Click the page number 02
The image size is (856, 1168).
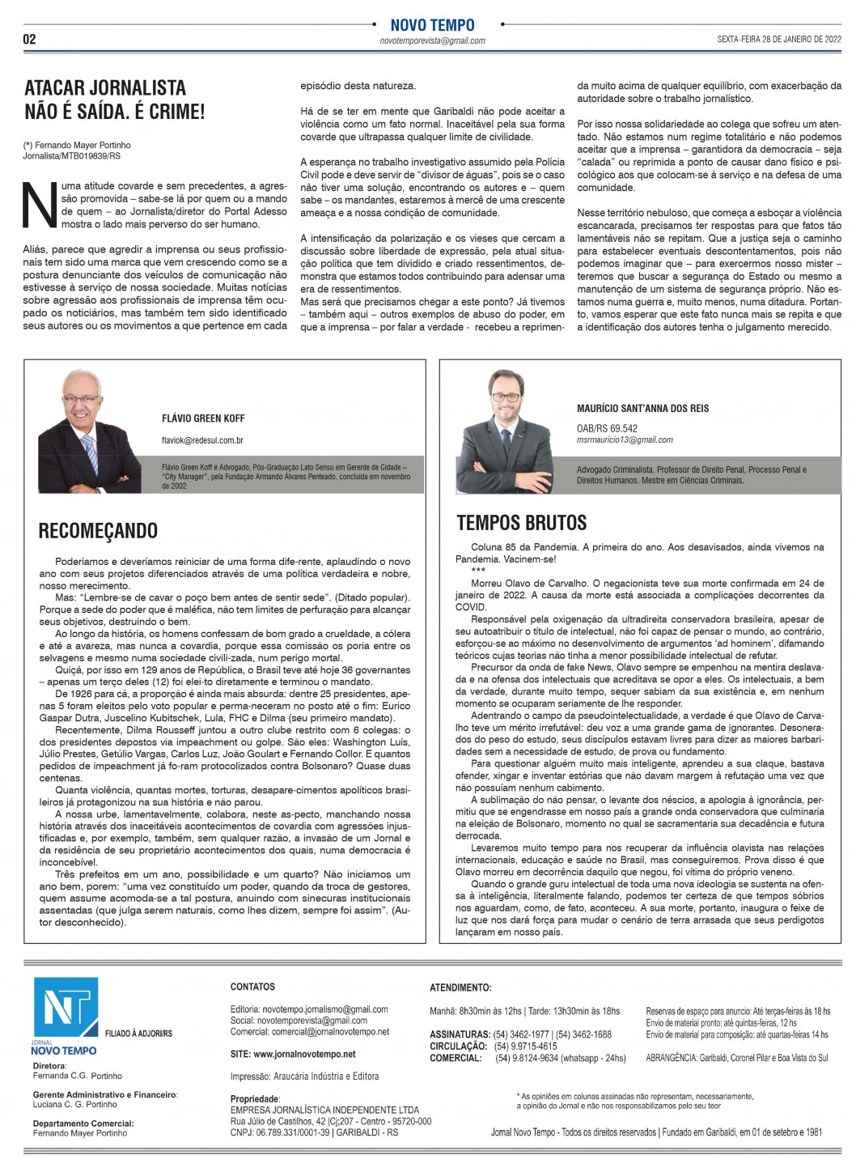(29, 39)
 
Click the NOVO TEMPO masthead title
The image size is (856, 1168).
(432, 25)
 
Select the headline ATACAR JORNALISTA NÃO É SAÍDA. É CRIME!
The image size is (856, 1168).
(115, 100)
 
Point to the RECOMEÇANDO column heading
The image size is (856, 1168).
(98, 531)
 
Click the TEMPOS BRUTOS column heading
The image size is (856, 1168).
(522, 522)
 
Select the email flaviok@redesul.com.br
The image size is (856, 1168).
(202, 440)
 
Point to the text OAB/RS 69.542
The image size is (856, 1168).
(607, 428)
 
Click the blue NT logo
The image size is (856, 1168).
(66, 1009)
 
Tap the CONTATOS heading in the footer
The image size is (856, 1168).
(252, 987)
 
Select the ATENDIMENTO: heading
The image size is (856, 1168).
(460, 987)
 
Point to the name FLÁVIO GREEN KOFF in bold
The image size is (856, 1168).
(203, 418)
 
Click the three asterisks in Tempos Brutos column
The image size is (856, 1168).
(478, 570)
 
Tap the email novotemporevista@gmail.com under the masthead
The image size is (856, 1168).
(432, 40)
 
